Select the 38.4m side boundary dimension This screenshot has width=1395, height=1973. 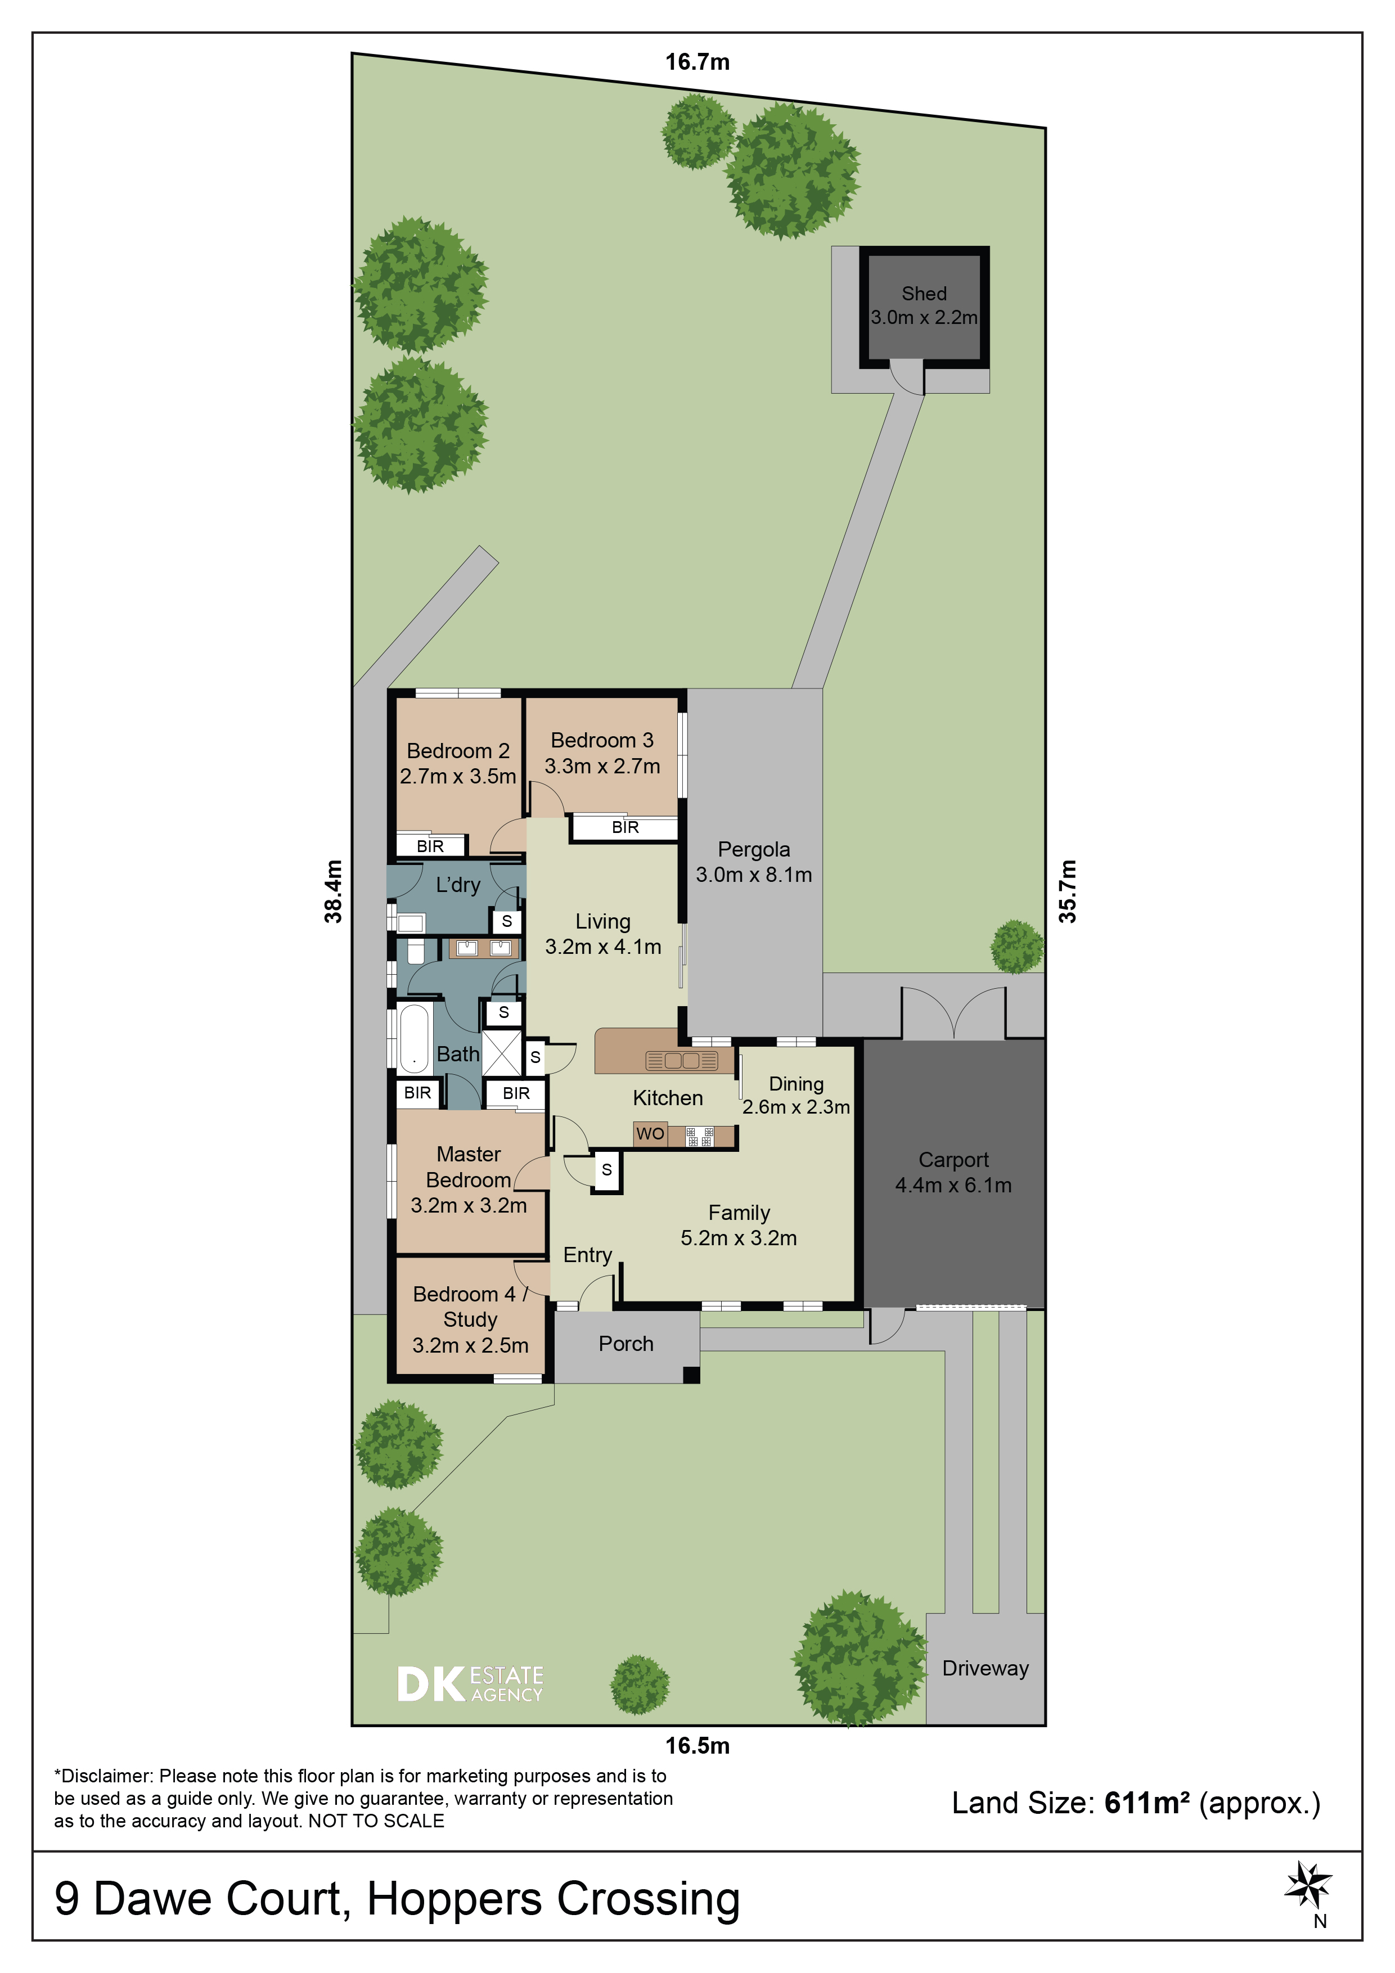point(334,891)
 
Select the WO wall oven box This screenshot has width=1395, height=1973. point(650,1134)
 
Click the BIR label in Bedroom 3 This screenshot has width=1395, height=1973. point(625,827)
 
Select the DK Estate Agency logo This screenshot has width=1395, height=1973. point(470,1684)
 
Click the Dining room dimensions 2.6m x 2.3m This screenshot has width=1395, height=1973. point(796,1107)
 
